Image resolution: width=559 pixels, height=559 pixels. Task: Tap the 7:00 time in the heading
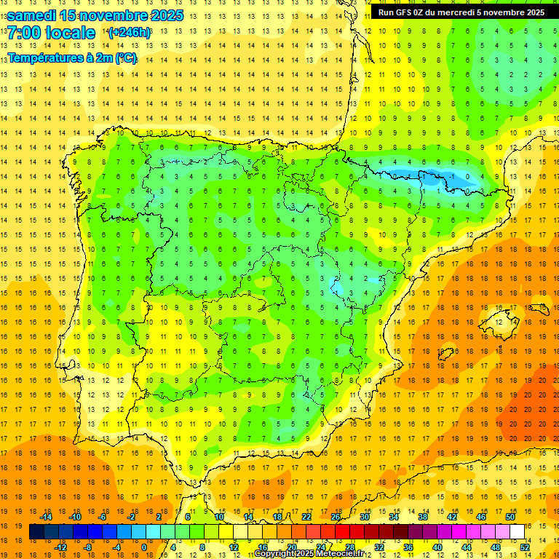click(23, 33)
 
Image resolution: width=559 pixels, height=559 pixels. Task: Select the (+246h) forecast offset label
click(130, 33)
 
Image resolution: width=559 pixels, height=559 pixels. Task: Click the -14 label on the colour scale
click(46, 517)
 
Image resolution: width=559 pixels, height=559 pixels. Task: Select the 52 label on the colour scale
click(525, 547)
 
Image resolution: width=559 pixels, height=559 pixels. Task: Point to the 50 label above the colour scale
click(510, 517)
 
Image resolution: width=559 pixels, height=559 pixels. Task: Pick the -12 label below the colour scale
click(60, 547)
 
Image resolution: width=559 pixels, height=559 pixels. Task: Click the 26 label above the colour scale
click(336, 517)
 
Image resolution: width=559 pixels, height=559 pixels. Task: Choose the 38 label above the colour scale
click(422, 517)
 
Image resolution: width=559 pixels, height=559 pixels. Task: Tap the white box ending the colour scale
click(517, 531)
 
